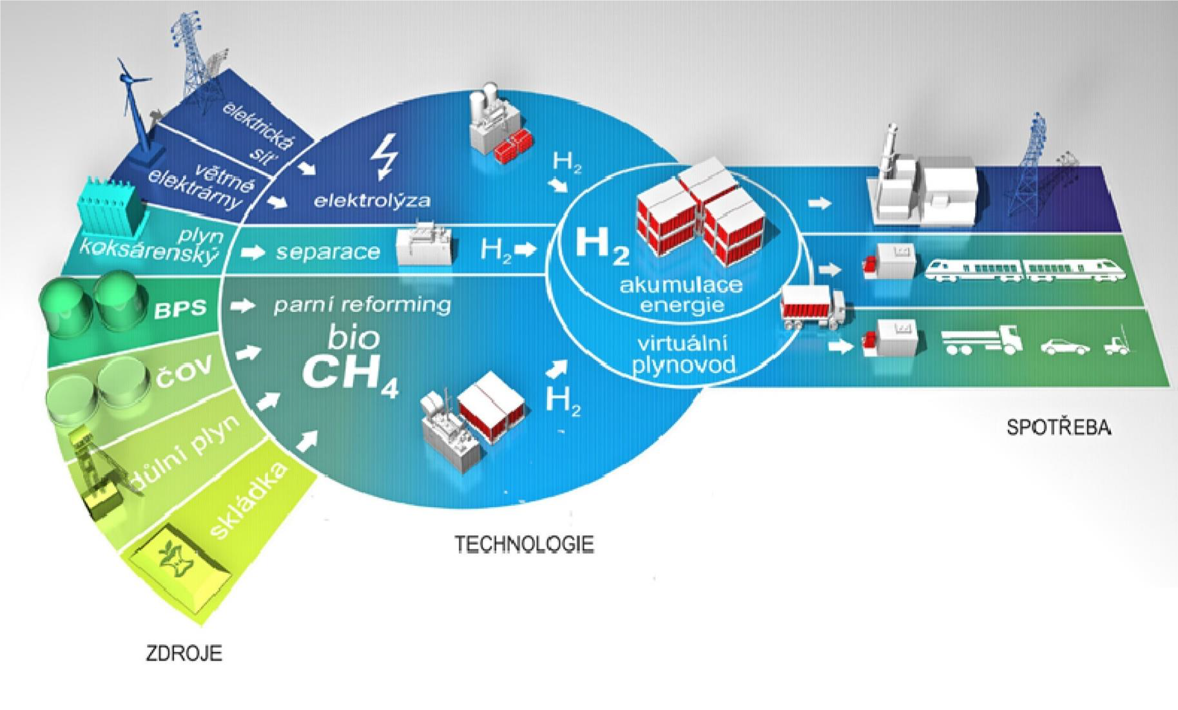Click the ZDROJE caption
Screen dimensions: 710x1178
(184, 653)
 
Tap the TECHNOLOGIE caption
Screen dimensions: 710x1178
(524, 544)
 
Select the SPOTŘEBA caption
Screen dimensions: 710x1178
(1059, 428)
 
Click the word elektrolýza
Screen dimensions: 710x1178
(372, 200)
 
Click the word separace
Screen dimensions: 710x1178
(328, 251)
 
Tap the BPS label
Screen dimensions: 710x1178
(180, 309)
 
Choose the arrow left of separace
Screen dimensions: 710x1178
(256, 252)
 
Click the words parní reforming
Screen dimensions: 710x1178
(362, 305)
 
